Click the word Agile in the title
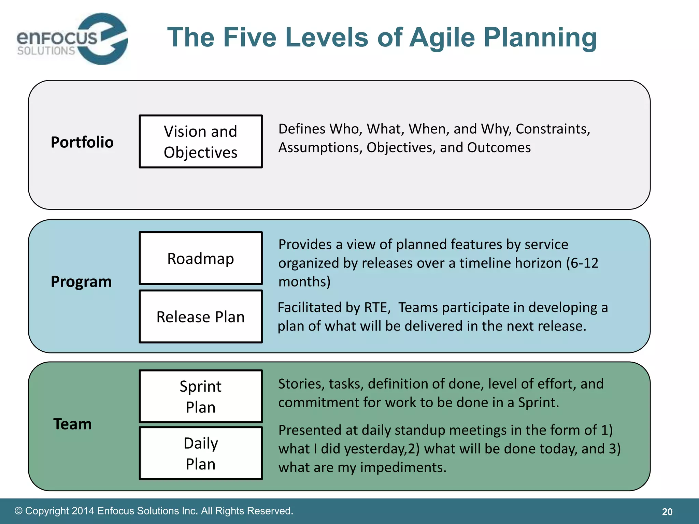point(442,38)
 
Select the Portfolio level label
point(82,142)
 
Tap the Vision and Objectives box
point(201,142)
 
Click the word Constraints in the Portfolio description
point(553,129)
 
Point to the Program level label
point(81,282)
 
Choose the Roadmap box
point(201,258)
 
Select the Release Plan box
point(201,317)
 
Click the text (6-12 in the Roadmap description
point(582,263)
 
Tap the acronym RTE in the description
point(377,307)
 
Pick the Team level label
point(72,424)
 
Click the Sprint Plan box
point(201,396)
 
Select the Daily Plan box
point(201,453)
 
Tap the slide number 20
point(667,512)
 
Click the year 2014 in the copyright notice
point(83,511)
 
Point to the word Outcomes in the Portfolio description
point(499,148)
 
